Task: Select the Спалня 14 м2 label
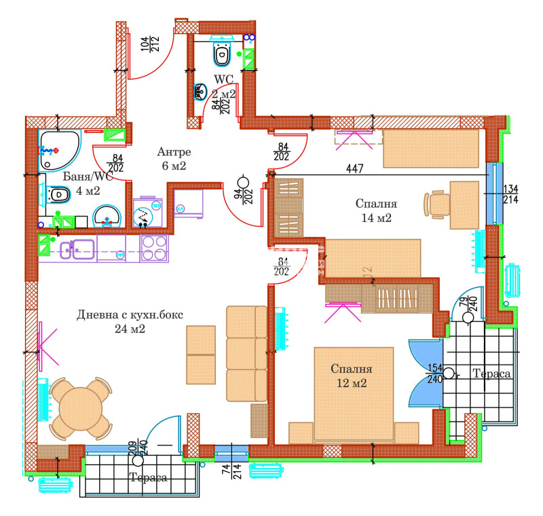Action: (x=377, y=210)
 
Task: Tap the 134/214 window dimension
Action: (x=510, y=194)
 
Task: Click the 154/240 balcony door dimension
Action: (x=434, y=373)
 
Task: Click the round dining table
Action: (x=80, y=408)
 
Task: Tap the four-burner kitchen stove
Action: (x=154, y=248)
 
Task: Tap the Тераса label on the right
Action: (x=491, y=374)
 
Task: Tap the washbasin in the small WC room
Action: (x=201, y=91)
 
